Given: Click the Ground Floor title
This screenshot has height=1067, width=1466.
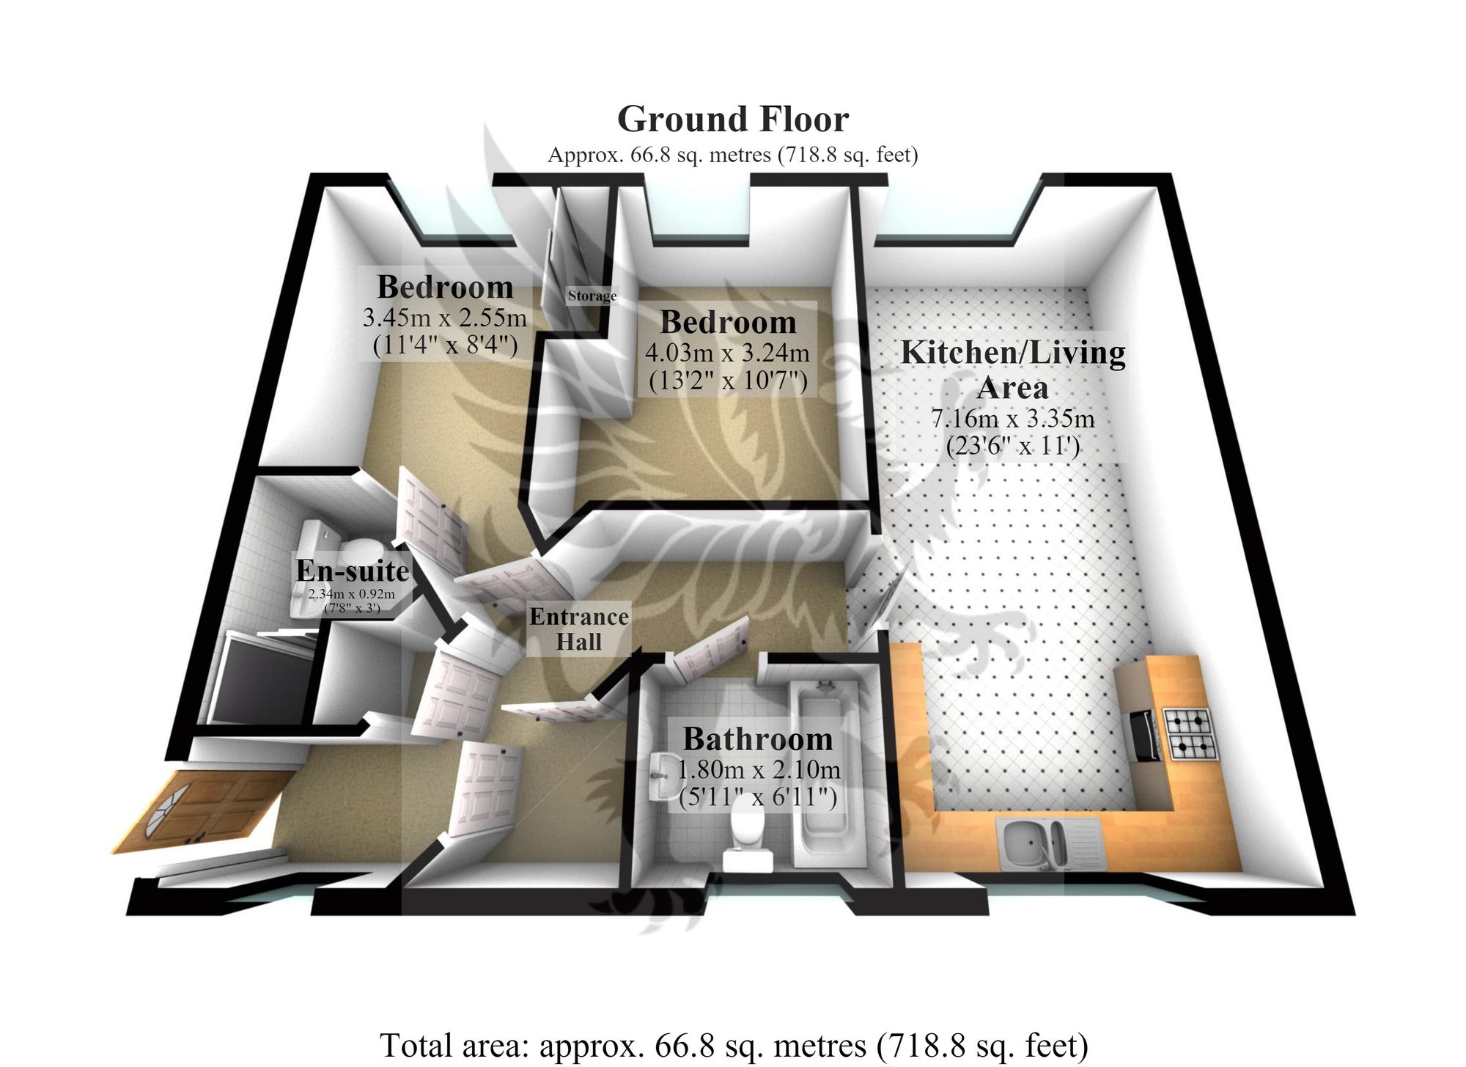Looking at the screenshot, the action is (733, 119).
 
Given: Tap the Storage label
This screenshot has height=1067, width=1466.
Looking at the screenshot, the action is (592, 296).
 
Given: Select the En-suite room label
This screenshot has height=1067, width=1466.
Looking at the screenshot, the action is (353, 571).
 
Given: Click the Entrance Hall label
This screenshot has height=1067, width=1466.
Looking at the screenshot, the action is (579, 629).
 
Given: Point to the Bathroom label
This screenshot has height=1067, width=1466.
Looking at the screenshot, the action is (758, 739).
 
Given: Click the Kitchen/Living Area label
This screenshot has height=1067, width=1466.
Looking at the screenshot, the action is (1013, 369).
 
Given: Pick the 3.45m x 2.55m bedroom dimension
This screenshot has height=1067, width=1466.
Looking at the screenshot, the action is (445, 318).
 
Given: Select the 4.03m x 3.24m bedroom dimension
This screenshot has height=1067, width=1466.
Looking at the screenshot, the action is (727, 353).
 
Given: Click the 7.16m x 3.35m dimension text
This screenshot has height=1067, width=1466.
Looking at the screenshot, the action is (1013, 419).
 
